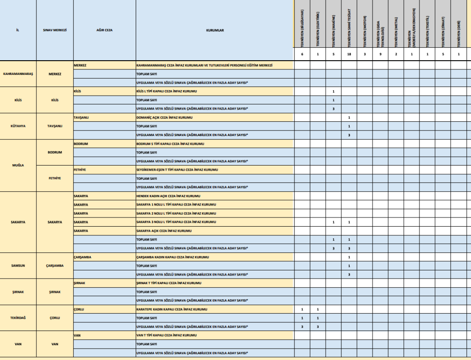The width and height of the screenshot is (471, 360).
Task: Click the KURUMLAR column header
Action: click(x=215, y=30)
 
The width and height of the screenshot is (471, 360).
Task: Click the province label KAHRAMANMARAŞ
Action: click(x=18, y=74)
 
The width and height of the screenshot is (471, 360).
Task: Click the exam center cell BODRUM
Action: click(x=55, y=152)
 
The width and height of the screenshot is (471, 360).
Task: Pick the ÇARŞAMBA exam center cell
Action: click(x=55, y=266)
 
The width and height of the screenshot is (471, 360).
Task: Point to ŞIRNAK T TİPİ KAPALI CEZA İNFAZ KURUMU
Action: click(x=168, y=283)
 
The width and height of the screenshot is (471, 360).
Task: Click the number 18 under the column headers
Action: click(x=349, y=55)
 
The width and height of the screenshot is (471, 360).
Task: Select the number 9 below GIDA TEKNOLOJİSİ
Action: click(x=380, y=55)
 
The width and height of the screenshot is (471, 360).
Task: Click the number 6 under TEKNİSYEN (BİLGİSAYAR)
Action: click(x=302, y=55)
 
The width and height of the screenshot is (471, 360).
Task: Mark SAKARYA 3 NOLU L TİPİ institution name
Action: click(x=176, y=222)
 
